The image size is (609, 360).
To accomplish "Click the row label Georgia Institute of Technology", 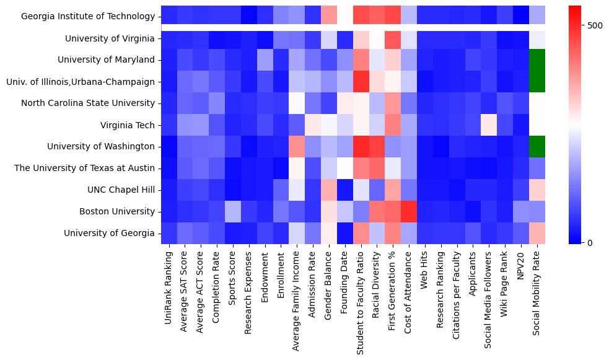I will [86, 17].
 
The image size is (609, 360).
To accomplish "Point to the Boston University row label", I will [116, 211].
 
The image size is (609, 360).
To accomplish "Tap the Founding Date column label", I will [345, 283].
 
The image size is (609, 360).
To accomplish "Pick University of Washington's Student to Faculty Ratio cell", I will [361, 146].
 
